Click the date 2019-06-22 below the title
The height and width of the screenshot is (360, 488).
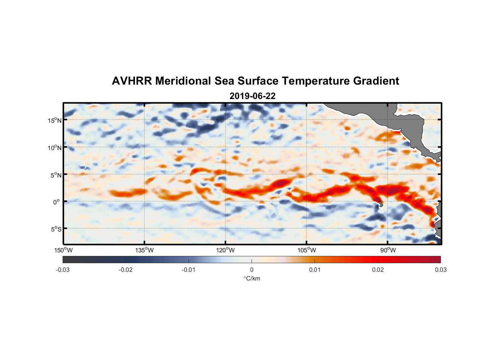(252, 96)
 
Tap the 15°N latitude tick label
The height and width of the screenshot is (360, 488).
(54, 120)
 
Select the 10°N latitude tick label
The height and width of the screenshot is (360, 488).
(54, 148)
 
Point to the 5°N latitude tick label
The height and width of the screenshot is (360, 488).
(56, 175)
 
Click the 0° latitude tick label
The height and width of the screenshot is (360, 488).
(57, 202)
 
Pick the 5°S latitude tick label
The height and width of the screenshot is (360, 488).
(56, 229)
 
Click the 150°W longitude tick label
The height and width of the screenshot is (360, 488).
(63, 250)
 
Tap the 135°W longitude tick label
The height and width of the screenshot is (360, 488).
(144, 250)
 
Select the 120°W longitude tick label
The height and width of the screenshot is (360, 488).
(225, 250)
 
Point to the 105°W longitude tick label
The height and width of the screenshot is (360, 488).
(307, 250)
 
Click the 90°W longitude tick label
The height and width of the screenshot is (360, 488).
(388, 250)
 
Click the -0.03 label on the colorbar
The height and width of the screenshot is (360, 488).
(63, 270)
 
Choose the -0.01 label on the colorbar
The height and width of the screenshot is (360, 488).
(189, 270)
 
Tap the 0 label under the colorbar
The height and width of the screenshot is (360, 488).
(252, 270)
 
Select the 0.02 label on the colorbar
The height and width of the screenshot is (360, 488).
(378, 270)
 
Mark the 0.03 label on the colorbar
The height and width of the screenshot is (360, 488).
(440, 270)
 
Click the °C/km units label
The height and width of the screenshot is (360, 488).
(252, 279)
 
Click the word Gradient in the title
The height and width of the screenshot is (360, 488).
(376, 81)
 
